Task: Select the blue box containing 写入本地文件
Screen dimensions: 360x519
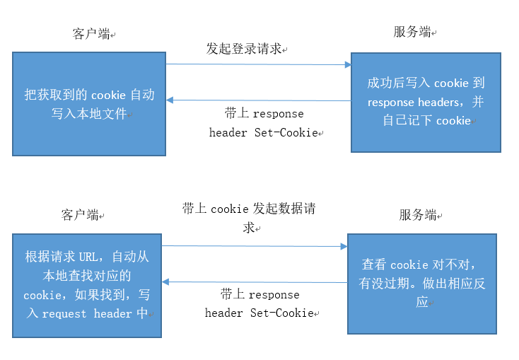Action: (x=89, y=103)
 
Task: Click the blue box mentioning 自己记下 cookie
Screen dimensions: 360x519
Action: (x=426, y=102)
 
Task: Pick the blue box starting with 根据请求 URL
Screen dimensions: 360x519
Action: (x=86, y=284)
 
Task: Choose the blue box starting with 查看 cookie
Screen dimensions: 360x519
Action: (x=424, y=283)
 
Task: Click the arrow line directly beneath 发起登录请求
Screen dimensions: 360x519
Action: (x=258, y=64)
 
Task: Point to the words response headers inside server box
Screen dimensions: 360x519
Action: (x=413, y=102)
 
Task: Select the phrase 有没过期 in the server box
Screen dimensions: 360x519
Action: (x=386, y=284)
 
